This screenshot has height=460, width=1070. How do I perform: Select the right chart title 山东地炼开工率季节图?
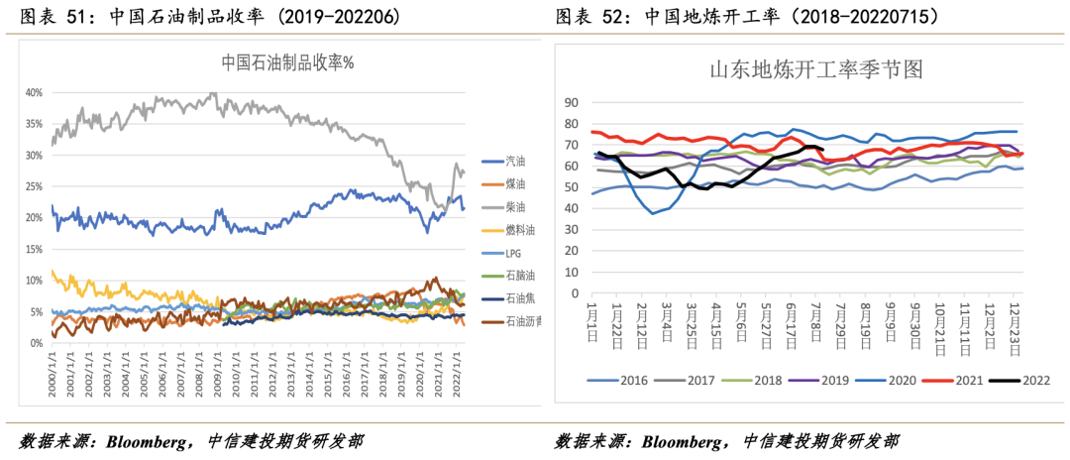click(x=815, y=70)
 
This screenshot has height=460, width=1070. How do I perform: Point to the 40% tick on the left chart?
click(x=34, y=92)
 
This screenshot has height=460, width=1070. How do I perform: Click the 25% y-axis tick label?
click(x=34, y=186)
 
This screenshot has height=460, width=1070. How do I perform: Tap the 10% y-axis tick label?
click(x=34, y=281)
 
